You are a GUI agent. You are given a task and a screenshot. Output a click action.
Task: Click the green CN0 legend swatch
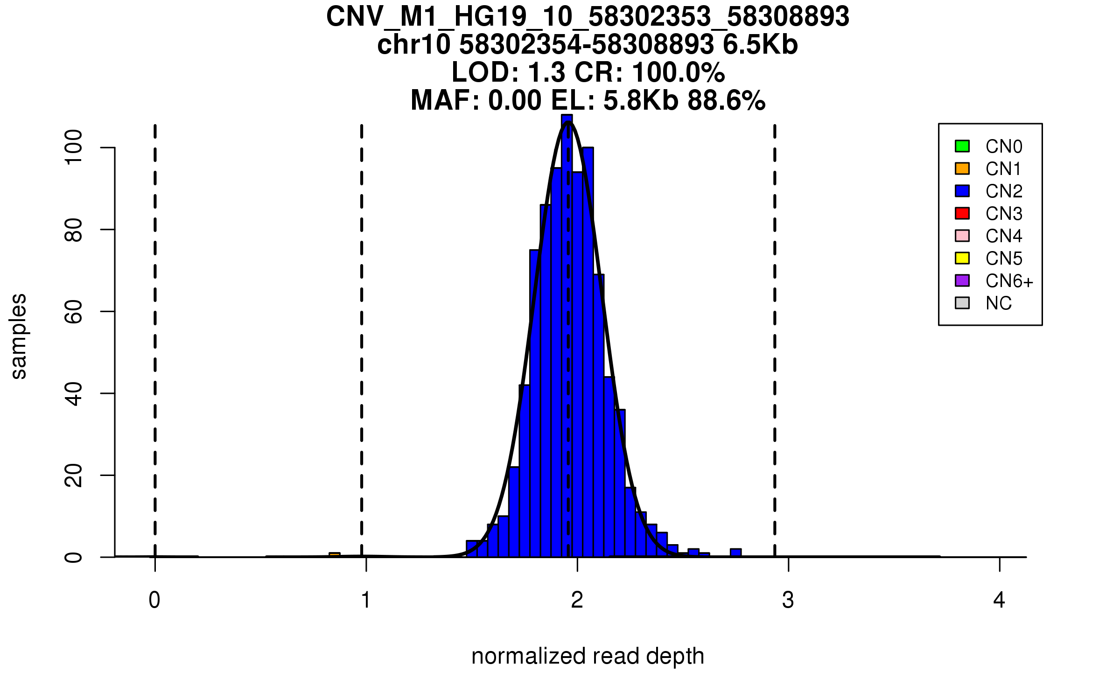point(962,146)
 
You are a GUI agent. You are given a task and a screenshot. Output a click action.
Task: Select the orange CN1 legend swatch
point(962,168)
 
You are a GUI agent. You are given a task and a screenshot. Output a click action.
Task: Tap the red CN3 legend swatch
point(962,213)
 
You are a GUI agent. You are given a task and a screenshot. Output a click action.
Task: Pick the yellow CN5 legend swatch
point(962,258)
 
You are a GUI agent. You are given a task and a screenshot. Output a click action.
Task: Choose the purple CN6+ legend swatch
point(962,280)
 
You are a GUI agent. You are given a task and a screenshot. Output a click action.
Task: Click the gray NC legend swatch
point(962,303)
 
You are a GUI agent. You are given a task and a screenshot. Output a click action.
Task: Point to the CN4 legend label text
point(1003,236)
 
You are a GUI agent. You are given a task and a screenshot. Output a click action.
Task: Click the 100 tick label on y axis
point(74,147)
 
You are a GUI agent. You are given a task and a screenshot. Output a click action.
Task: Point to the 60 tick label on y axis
point(74,311)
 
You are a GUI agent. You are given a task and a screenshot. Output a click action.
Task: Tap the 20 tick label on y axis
point(74,476)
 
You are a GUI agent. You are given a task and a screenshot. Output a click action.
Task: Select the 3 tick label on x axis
point(788,600)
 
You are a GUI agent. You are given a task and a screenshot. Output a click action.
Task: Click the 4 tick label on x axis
point(999,600)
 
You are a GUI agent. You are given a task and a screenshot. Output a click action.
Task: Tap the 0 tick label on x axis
point(154,600)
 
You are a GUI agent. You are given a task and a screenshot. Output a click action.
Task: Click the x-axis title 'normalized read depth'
point(588,656)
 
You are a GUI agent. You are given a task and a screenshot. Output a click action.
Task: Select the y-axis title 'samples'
point(19,336)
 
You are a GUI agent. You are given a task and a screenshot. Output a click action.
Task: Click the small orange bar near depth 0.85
point(335,555)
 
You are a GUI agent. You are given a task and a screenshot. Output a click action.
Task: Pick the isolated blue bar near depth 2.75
point(735,553)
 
